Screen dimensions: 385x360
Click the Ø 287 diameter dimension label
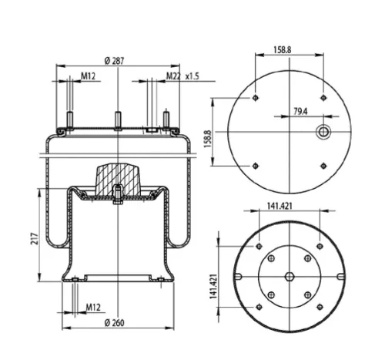pos(114,61)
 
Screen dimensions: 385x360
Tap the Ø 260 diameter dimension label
pos(114,323)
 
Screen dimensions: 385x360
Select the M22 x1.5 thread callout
pos(182,76)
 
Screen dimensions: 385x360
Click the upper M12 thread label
pos(88,76)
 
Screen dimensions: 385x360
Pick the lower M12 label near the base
pos(93,308)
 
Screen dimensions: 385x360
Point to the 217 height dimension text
pos(35,239)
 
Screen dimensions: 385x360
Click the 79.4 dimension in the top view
pos(300,112)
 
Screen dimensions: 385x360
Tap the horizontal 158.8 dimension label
pos(283,49)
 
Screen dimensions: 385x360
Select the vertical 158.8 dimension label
pos(207,139)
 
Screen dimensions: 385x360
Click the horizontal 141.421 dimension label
pos(280,206)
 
